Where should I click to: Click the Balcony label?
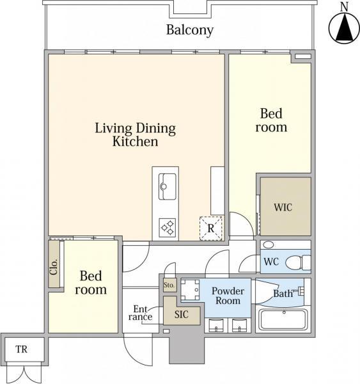point(190,30)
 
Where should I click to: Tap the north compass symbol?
point(344,28)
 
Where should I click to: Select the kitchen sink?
point(167,187)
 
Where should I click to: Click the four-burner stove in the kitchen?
point(168,228)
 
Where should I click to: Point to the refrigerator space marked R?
point(211,228)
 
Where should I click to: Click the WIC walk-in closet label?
point(283,207)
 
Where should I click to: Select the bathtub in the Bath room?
point(284,319)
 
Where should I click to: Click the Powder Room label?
point(228,296)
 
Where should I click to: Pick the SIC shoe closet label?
point(182,314)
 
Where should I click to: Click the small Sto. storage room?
point(169,285)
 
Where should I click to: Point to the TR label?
point(22,349)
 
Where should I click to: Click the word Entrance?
point(141,313)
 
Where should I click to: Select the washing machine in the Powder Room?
point(191,290)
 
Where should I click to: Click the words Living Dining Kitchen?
point(136,135)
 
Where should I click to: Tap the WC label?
point(271,262)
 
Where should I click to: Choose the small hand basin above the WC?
point(269,244)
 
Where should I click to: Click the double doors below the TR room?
point(24,373)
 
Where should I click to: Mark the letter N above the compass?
point(345,7)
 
